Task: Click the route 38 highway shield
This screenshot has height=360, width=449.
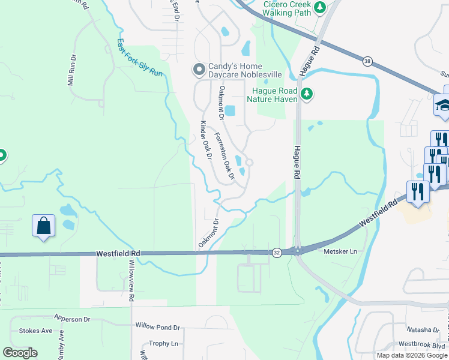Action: pyautogui.click(x=367, y=61)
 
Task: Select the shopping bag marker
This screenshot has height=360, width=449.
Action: pyautogui.click(x=44, y=226)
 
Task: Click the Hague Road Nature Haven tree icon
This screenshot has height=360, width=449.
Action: pyautogui.click(x=307, y=94)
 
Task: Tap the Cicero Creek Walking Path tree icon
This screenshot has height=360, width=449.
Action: pyautogui.click(x=321, y=7)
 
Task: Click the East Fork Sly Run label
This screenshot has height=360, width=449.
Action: pyautogui.click(x=140, y=58)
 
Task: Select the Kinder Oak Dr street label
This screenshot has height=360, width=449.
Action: pyautogui.click(x=206, y=140)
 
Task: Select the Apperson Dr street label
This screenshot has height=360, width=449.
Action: pyautogui.click(x=71, y=319)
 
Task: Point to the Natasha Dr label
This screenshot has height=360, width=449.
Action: pyautogui.click(x=423, y=330)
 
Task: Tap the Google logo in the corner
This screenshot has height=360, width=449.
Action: pyautogui.click(x=20, y=353)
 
